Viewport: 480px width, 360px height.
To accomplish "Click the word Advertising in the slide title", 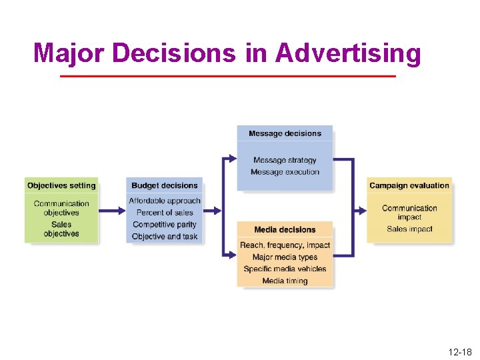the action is pyautogui.click(x=347, y=53).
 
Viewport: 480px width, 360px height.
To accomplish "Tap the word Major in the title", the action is pyautogui.click(x=63, y=53).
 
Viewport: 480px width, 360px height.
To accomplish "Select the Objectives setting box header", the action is pyautogui.click(x=61, y=185).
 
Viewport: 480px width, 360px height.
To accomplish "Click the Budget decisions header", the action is pyautogui.click(x=165, y=185).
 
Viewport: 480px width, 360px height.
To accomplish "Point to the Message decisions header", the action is pyautogui.click(x=285, y=133).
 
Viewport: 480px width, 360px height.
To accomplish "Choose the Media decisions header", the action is pyautogui.click(x=285, y=230).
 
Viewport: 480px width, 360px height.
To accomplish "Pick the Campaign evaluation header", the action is pyautogui.click(x=409, y=185).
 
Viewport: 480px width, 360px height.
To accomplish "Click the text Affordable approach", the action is pyautogui.click(x=165, y=201).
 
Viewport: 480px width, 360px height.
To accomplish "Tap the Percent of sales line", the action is pyautogui.click(x=165, y=213).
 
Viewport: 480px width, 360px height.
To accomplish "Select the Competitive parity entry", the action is pyautogui.click(x=165, y=225).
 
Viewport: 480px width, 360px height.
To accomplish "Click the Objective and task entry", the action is pyautogui.click(x=165, y=237).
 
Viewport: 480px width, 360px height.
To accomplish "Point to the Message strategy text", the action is pyautogui.click(x=285, y=160).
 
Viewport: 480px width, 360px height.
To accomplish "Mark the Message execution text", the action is pyautogui.click(x=285, y=172).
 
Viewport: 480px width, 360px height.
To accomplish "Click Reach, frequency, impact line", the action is pyautogui.click(x=285, y=245).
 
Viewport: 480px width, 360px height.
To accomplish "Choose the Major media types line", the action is pyautogui.click(x=285, y=257).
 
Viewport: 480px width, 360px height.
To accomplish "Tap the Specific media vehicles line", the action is pyautogui.click(x=285, y=269).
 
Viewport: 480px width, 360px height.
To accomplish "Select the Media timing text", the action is pyautogui.click(x=285, y=281).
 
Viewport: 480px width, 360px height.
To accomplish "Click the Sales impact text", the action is pyautogui.click(x=409, y=229).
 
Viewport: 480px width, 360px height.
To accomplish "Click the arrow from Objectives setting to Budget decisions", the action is pyautogui.click(x=112, y=211).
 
